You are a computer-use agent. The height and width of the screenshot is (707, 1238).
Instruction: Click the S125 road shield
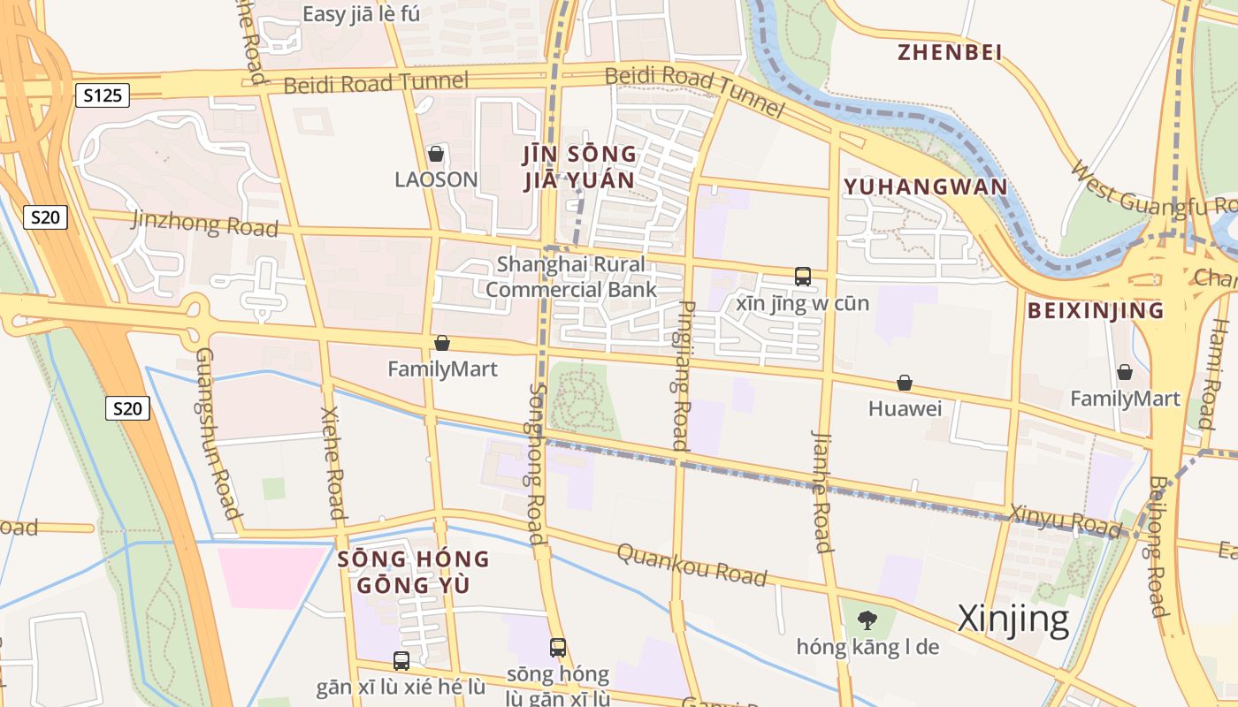click(103, 95)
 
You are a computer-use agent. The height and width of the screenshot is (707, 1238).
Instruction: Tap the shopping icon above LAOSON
click(435, 154)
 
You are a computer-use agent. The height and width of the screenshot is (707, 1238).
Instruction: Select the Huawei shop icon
click(905, 383)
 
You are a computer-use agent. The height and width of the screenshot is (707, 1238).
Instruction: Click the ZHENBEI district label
click(950, 52)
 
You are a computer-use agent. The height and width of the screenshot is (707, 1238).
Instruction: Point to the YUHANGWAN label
click(925, 186)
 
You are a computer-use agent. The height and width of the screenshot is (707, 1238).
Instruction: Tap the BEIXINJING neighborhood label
click(1096, 310)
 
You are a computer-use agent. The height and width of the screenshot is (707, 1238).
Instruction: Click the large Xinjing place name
click(1013, 619)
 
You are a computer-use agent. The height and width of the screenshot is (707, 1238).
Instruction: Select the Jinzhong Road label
click(204, 223)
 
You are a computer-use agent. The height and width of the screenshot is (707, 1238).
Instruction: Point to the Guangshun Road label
click(218, 433)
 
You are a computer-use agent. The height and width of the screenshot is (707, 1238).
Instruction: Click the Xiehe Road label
click(332, 463)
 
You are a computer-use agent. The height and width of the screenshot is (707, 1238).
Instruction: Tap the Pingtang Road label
click(682, 376)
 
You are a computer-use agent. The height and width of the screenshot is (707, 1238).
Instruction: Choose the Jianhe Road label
click(821, 490)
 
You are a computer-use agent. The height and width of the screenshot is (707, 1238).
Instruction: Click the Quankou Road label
click(691, 564)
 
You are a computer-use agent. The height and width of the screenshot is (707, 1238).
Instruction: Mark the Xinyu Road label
click(1065, 521)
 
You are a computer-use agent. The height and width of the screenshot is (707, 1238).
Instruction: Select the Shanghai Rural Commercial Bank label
click(570, 277)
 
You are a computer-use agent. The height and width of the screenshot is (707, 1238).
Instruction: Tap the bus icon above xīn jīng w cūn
click(803, 277)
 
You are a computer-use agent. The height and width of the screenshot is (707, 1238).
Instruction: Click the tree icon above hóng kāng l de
click(867, 620)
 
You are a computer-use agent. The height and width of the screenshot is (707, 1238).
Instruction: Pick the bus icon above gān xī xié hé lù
click(401, 660)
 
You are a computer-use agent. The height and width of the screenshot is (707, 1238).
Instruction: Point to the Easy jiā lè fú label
click(361, 14)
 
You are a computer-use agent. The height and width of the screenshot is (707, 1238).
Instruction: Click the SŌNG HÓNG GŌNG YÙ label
click(413, 571)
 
